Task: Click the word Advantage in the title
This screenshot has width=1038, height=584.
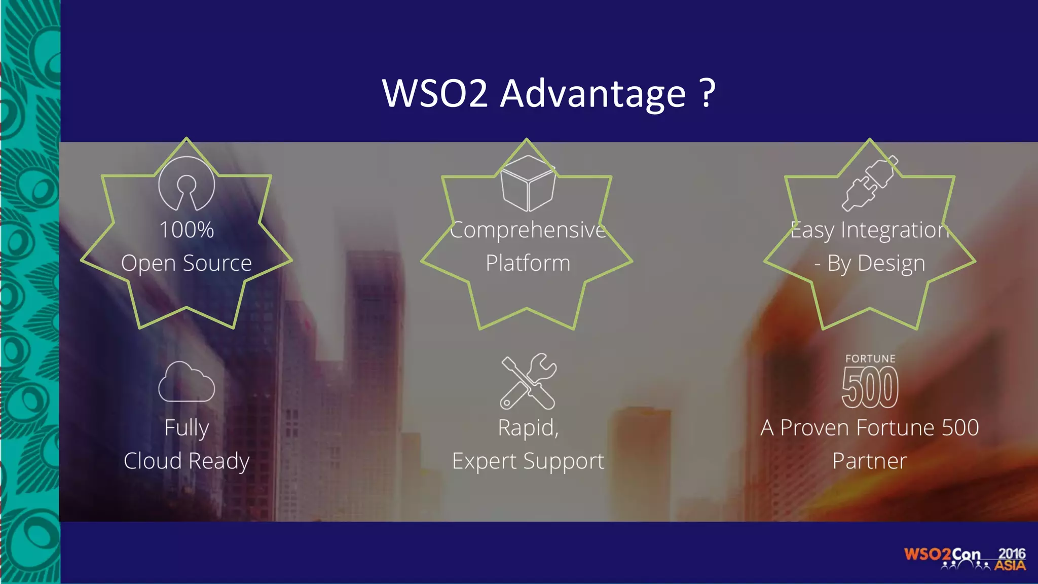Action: point(593,94)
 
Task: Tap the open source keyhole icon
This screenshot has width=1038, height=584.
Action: point(187,184)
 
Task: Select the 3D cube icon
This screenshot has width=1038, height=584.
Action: point(527,184)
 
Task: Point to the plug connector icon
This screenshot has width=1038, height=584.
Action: point(870,184)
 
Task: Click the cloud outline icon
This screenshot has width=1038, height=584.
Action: point(187,382)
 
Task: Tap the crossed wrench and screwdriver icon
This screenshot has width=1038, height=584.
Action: point(528,381)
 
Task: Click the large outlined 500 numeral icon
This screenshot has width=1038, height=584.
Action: point(870,388)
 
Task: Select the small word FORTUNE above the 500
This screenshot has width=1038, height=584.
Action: point(870,359)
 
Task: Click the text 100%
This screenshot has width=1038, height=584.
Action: point(187,230)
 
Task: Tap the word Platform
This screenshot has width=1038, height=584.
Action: point(528,263)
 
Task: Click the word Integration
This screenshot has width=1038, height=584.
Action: point(895,230)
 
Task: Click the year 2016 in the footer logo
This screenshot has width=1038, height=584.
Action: point(1012,554)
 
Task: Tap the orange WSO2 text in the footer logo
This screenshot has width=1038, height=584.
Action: point(927,554)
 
